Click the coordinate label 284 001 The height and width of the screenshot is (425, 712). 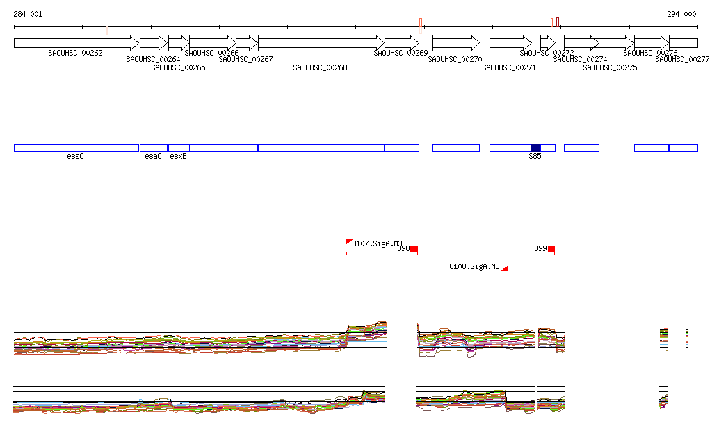[28, 14]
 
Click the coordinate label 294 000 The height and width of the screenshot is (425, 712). [681, 14]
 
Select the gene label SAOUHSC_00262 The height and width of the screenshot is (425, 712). [75, 53]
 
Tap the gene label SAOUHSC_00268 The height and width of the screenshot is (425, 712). [320, 67]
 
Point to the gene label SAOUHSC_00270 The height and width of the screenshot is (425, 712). [455, 60]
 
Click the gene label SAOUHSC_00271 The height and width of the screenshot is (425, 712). [509, 67]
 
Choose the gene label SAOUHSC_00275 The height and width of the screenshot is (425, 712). [610, 67]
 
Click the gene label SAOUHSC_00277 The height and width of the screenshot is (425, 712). [682, 60]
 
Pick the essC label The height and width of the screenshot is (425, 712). [75, 157]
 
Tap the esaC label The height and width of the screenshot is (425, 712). [153, 157]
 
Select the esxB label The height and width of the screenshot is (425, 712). [178, 157]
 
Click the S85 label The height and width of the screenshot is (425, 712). [535, 157]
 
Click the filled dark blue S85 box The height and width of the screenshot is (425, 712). [535, 147]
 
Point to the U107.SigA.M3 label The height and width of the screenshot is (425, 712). [377, 243]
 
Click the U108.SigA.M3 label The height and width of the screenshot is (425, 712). [474, 266]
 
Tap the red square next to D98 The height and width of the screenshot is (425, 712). [414, 248]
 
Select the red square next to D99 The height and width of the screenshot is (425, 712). [551, 248]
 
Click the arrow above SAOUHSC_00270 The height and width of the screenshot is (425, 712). [456, 43]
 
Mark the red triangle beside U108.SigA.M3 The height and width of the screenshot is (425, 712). [505, 266]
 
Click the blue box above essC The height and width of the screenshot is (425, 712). [76, 147]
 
